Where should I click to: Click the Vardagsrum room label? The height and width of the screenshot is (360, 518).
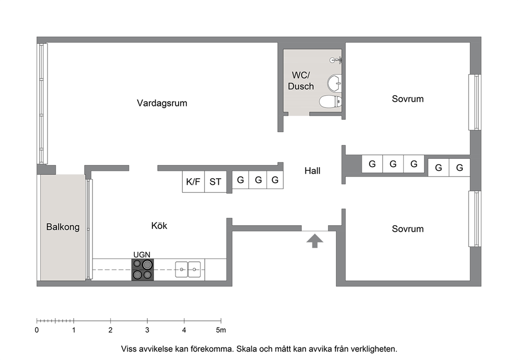click(x=162, y=103)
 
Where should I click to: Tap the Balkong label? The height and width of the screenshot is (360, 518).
click(x=63, y=227)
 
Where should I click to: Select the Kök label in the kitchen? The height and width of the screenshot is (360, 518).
click(x=159, y=226)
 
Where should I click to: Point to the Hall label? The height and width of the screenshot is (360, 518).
click(x=312, y=170)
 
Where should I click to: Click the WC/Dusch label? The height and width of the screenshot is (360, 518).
click(x=301, y=80)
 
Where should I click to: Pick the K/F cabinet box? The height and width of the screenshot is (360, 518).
click(x=193, y=181)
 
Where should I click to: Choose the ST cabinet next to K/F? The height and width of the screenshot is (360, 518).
click(x=215, y=181)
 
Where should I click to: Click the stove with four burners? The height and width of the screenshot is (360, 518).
click(x=143, y=270)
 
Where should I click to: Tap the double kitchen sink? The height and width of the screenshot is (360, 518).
click(x=187, y=269)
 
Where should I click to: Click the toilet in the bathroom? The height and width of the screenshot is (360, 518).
click(x=331, y=101)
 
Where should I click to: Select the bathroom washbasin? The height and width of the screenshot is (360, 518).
click(x=334, y=83)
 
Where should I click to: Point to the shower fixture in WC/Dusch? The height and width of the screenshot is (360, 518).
click(x=336, y=60)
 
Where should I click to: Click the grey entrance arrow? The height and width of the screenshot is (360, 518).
click(x=315, y=241)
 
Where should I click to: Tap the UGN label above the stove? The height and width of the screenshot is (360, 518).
click(x=142, y=254)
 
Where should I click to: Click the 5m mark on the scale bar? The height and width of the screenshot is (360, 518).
click(x=221, y=330)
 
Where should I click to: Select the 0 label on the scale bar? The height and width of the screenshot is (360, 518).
click(x=37, y=330)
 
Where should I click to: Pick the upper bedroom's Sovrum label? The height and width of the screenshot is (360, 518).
click(x=408, y=99)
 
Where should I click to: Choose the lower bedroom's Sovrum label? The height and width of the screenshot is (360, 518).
click(x=408, y=229)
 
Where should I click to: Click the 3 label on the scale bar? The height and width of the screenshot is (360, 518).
click(x=147, y=330)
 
